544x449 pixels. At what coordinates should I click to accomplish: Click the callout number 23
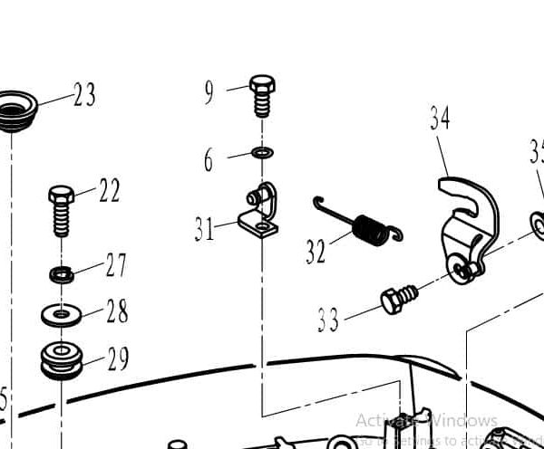[83, 95]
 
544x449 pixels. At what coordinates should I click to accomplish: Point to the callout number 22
[109, 191]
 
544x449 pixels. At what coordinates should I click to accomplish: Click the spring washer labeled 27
[61, 272]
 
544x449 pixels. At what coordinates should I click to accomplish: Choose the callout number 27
[116, 265]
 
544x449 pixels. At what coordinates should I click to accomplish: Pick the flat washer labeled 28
[61, 315]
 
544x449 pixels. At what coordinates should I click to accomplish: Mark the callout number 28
[116, 311]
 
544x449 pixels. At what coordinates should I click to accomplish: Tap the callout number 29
[118, 359]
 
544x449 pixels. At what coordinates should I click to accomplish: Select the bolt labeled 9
[261, 94]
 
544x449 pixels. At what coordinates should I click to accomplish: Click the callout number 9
[209, 91]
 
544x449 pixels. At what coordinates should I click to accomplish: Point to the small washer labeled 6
[262, 152]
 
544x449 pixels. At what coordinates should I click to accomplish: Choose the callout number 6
[209, 161]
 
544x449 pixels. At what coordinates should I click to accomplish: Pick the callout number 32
[315, 251]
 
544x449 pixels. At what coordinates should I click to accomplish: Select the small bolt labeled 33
[398, 299]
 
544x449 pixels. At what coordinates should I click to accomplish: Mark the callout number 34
[440, 118]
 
